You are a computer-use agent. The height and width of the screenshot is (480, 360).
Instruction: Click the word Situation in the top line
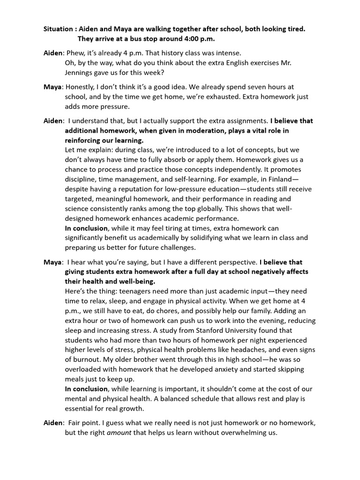pos(58,29)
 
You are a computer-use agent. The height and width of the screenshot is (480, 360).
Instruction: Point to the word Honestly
pos(82,87)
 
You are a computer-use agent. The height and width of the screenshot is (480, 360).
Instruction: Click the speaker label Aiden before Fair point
pos(52,423)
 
